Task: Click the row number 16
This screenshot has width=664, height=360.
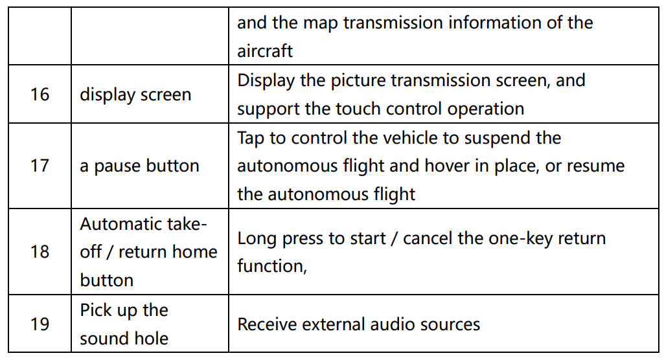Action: [x=40, y=95]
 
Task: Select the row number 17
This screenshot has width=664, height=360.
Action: [x=40, y=166]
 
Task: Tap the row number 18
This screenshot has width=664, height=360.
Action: [x=40, y=251]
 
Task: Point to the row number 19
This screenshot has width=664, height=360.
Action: [x=40, y=324]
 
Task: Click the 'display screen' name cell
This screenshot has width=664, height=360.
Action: [x=135, y=95]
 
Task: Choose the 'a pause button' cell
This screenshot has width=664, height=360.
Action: [x=139, y=166]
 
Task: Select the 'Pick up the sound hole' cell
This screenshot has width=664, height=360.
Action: [x=124, y=324]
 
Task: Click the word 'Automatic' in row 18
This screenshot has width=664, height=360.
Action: [x=120, y=224]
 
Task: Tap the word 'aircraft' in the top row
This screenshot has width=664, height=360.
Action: [x=265, y=51]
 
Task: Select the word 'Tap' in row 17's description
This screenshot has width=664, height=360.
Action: [x=251, y=139]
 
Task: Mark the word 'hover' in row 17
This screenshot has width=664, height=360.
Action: [x=448, y=166]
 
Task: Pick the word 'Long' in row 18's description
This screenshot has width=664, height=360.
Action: [x=255, y=238]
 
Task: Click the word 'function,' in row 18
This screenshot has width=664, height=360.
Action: [x=271, y=266]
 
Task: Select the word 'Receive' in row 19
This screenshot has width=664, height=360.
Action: [x=268, y=324]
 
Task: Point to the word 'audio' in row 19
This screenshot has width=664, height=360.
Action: [x=397, y=324]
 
